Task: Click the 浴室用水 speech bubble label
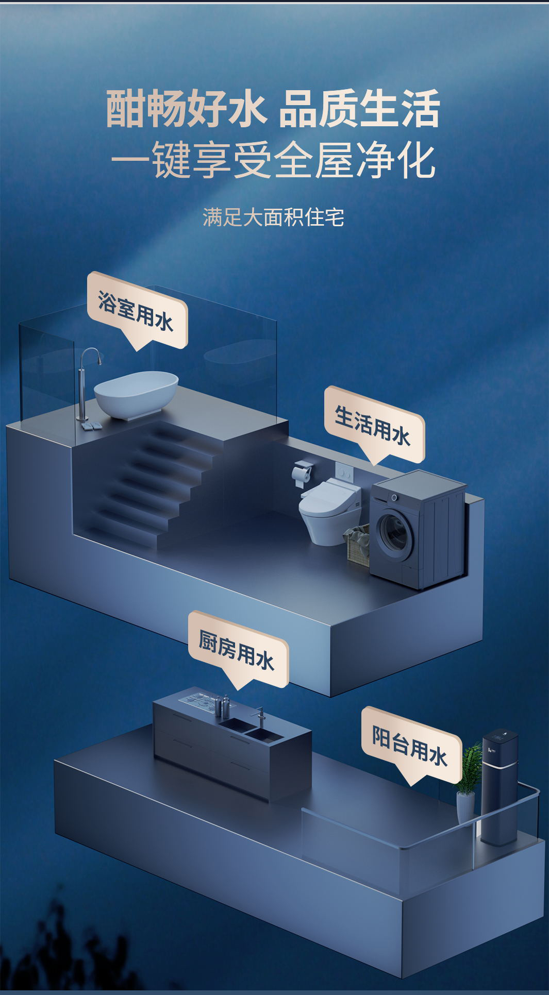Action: coord(137,310)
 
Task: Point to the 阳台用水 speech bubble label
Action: coord(411,745)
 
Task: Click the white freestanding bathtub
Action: coord(136,394)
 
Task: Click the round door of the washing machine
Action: coord(394,533)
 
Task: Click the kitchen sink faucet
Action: coord(260,717)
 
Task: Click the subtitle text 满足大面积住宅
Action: coord(273,217)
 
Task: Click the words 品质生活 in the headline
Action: coord(359,109)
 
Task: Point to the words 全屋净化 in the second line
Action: coord(355,160)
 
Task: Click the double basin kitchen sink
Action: coord(251,729)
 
